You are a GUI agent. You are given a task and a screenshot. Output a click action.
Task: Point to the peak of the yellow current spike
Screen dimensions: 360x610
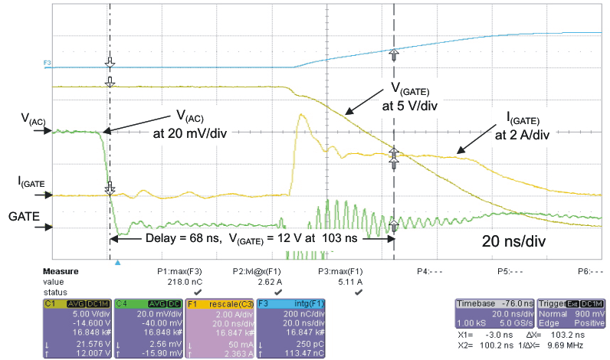pos(301,116)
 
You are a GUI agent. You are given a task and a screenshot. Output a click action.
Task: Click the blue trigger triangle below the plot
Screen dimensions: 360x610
pos(117,263)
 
